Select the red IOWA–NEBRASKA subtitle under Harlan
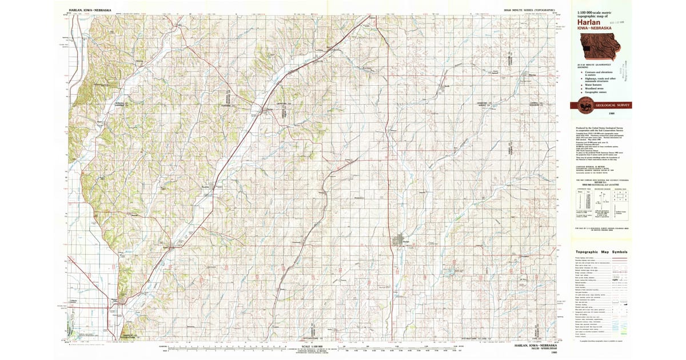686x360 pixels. click(593, 28)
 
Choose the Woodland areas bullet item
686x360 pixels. click(595, 89)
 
